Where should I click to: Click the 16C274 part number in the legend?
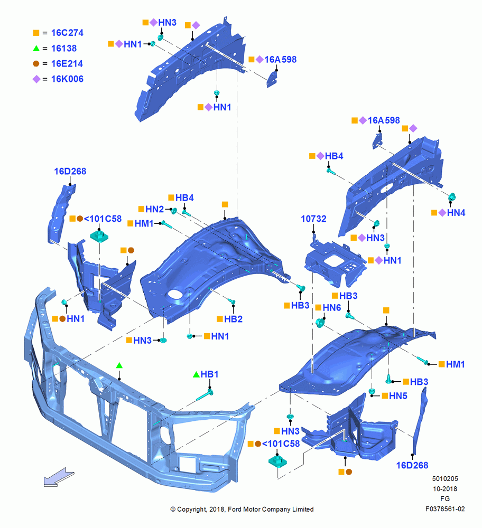(67, 33)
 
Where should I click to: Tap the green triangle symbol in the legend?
(36, 49)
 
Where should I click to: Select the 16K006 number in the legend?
(67, 79)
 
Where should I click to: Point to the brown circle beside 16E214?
(36, 64)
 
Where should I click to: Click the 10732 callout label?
(313, 219)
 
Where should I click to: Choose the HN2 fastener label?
(154, 209)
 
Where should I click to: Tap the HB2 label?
(233, 319)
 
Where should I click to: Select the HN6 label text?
(332, 307)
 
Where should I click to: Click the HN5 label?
(398, 395)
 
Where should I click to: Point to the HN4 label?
(456, 213)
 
